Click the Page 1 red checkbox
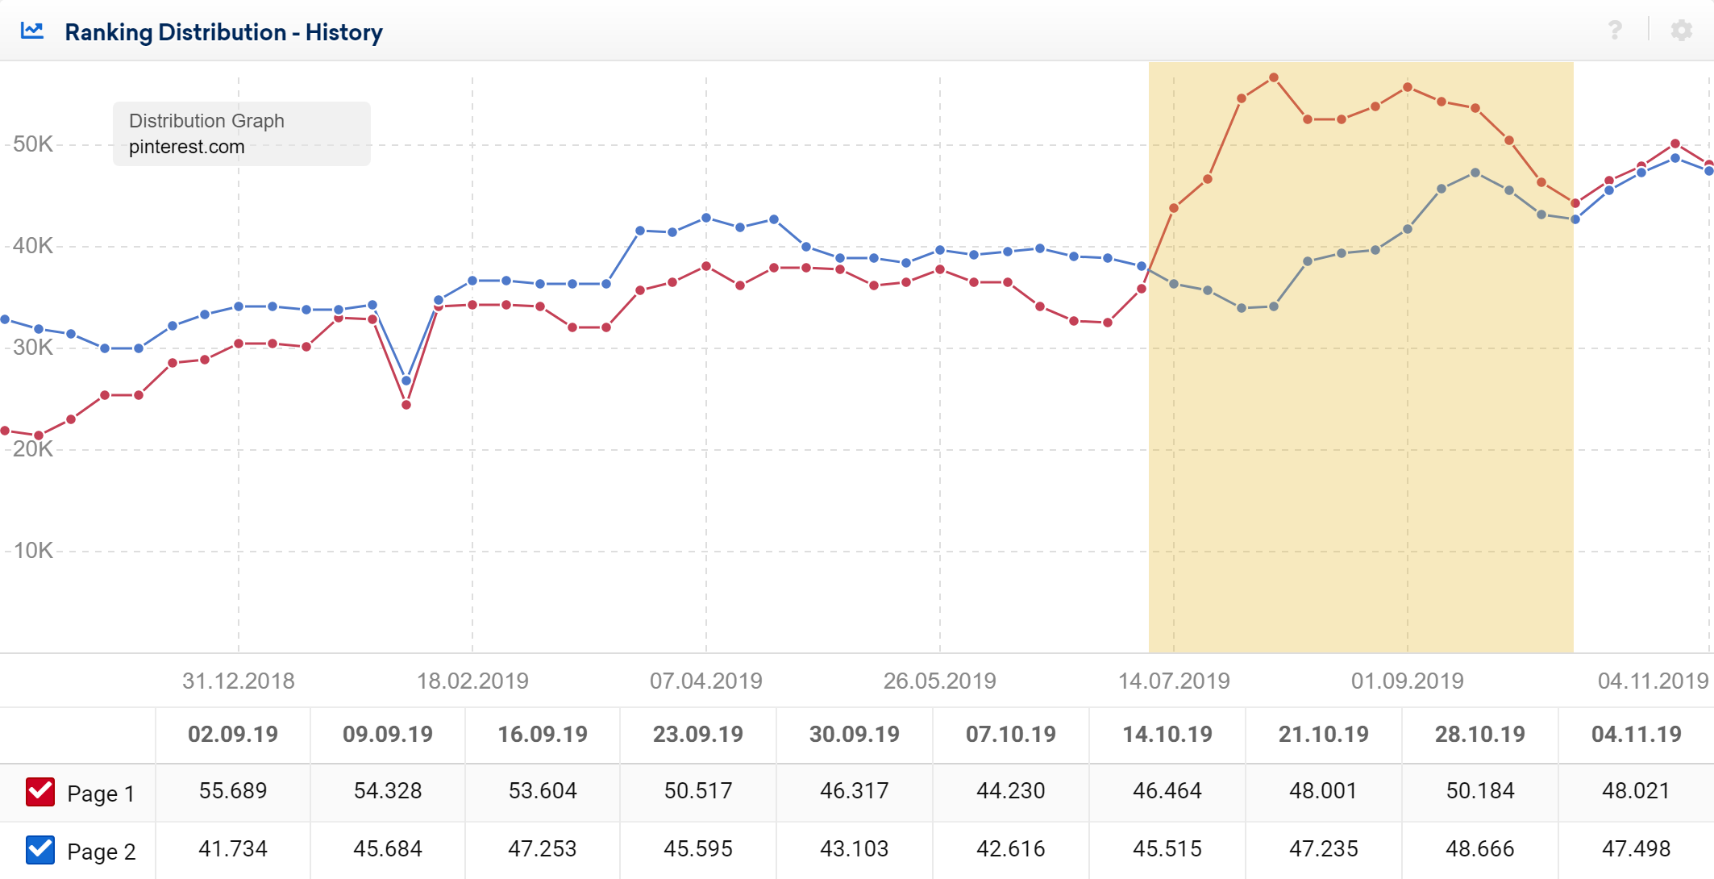tap(40, 792)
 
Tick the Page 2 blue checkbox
tap(40, 850)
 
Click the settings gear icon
tap(1681, 31)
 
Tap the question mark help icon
tap(1615, 31)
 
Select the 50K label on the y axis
tap(33, 144)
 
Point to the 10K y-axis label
tap(33, 551)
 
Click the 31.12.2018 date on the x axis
tap(238, 681)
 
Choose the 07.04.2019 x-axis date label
tap(705, 681)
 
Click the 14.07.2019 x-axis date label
tap(1173, 681)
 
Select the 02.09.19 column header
tap(232, 735)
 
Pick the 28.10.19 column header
tap(1479, 735)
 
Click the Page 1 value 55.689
tap(232, 791)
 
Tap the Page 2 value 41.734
tap(232, 849)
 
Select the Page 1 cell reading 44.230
tap(1010, 791)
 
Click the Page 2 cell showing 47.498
tap(1636, 849)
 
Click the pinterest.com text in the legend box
tap(186, 147)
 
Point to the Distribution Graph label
tap(206, 121)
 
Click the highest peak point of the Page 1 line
tap(1274, 78)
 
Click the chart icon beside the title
tap(32, 31)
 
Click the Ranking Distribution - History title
tap(223, 32)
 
